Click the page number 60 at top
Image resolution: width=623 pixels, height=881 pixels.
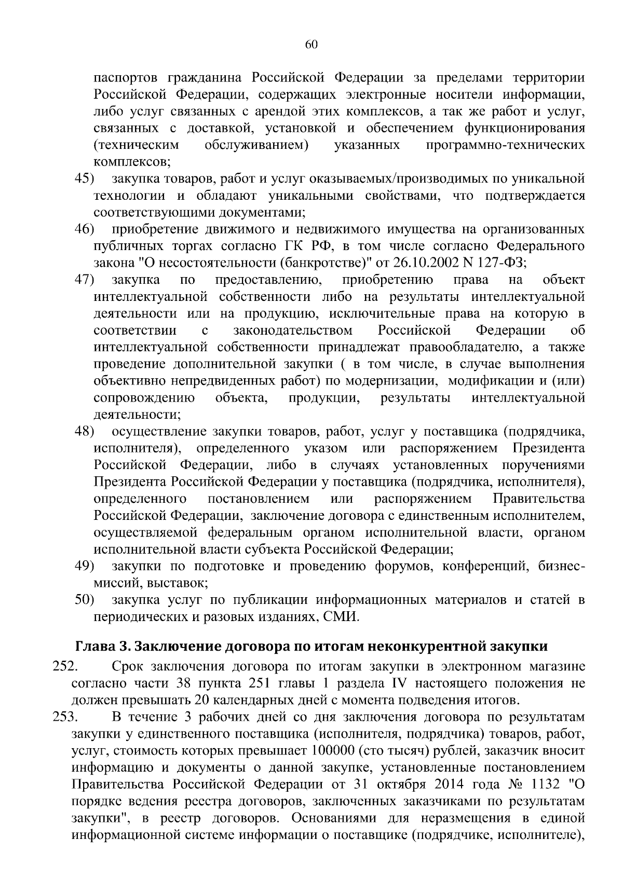[x=311, y=45]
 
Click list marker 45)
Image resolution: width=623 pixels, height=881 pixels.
[x=84, y=179]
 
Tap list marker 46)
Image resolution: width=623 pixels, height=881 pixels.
[x=84, y=229]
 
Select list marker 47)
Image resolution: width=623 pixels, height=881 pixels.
[x=84, y=280]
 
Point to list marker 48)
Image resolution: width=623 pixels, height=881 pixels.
[x=84, y=431]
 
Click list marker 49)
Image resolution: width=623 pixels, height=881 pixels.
[x=84, y=566]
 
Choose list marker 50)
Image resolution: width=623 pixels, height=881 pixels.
[x=84, y=600]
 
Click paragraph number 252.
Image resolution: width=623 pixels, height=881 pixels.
[x=65, y=667]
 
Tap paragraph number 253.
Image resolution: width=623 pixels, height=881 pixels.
[x=65, y=717]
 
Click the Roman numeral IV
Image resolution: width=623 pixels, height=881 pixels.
[x=397, y=683]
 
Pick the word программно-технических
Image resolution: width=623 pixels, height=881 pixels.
[x=505, y=145]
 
